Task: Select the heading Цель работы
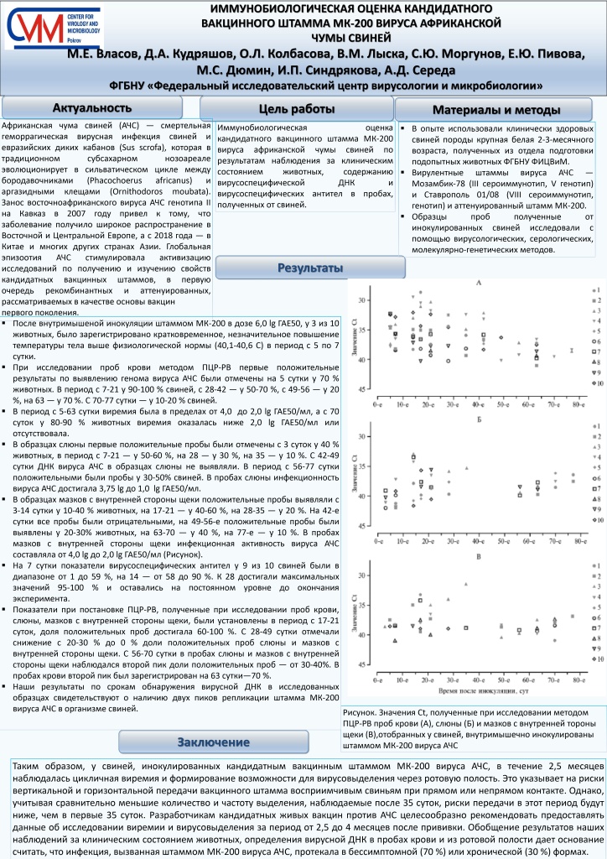point(297,107)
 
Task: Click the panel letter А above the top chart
point(479,284)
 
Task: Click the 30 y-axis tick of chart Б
point(361,436)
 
